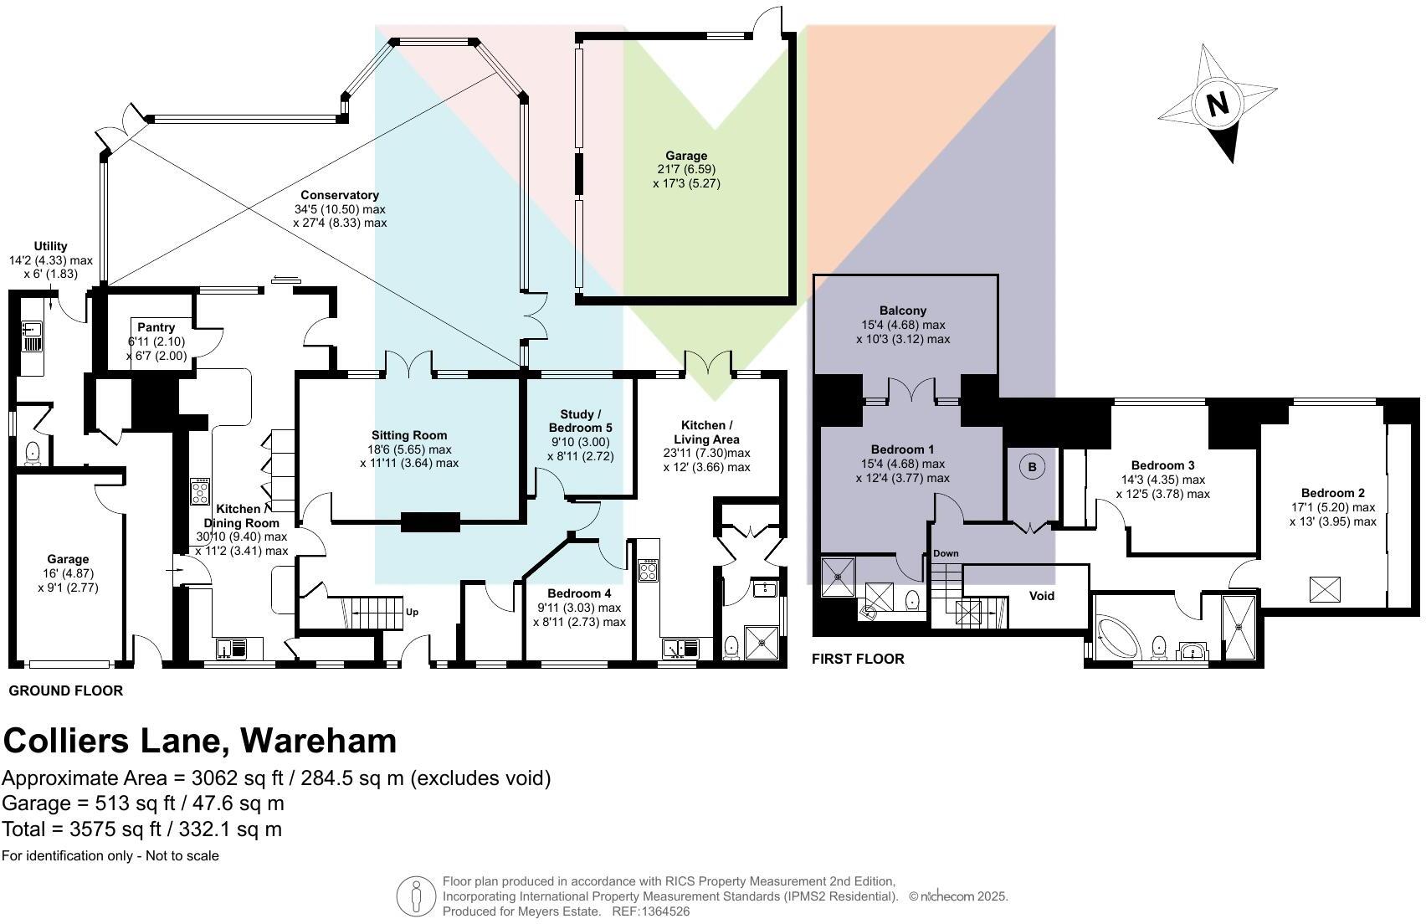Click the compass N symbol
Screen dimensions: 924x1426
(x=1218, y=104)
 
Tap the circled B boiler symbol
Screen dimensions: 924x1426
(x=1032, y=467)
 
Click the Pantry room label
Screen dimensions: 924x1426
(x=156, y=327)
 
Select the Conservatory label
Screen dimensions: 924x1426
(x=340, y=195)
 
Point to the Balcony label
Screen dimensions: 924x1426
(x=903, y=311)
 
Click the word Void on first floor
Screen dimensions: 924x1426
(x=1041, y=596)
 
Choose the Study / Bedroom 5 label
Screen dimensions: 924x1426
(x=581, y=421)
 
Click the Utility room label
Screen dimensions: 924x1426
(x=50, y=246)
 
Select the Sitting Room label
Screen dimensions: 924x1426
(x=409, y=435)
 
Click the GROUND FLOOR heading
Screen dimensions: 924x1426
(x=65, y=690)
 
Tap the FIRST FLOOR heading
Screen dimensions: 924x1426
(x=858, y=659)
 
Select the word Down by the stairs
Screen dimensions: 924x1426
(x=946, y=553)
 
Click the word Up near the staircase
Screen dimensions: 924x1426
(x=412, y=612)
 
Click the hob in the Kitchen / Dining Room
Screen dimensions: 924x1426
(x=201, y=490)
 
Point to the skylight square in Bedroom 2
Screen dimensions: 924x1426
(x=1324, y=589)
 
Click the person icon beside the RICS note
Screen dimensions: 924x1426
(x=414, y=896)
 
